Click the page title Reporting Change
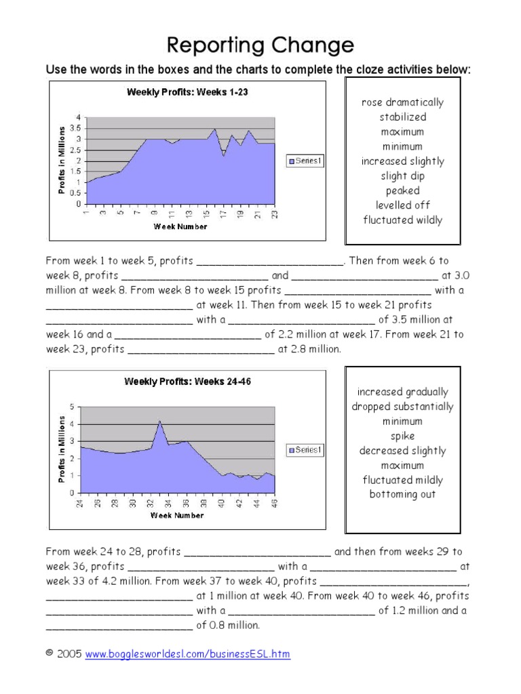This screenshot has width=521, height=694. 260,45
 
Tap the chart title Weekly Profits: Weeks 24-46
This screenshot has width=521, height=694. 187,382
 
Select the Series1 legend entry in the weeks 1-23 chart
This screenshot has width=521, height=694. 306,161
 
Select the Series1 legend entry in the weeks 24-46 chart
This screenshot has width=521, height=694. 306,449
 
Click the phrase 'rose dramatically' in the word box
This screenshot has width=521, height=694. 402,102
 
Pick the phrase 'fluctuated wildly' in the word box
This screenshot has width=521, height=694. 402,220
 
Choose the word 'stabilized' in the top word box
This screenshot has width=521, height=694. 402,117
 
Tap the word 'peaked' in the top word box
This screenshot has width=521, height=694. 402,190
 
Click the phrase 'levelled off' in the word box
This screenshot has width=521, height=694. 402,205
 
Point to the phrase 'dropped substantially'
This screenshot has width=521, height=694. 402,407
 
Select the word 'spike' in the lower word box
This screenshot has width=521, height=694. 402,436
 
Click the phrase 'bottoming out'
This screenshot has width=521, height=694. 402,494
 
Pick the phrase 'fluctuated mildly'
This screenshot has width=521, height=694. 402,480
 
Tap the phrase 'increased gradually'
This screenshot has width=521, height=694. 402,392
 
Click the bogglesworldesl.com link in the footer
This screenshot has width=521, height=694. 187,654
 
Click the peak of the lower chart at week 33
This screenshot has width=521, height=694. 159,422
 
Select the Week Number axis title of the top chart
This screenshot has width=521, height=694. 180,226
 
